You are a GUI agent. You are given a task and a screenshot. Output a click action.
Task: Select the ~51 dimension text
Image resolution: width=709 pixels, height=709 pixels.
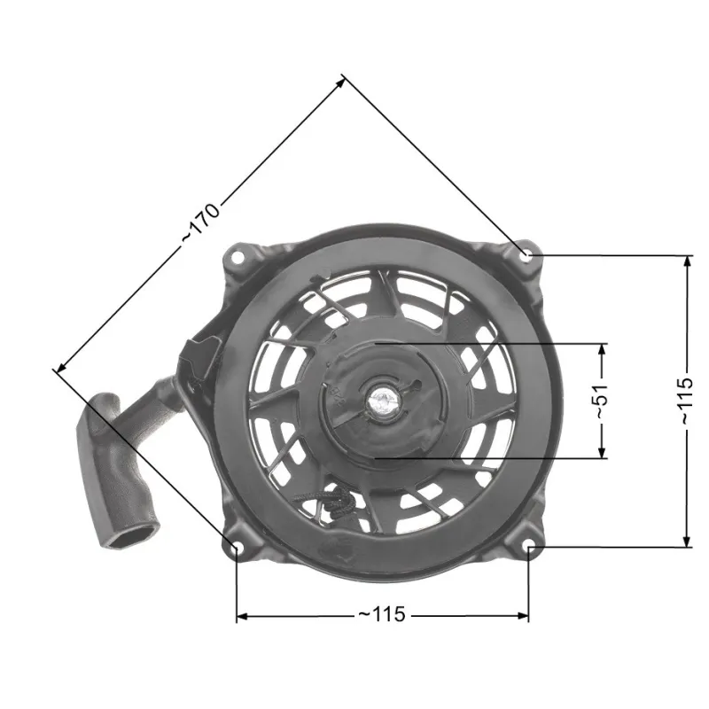(602, 401)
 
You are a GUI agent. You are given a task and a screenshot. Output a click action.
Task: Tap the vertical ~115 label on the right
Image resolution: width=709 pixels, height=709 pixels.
(687, 401)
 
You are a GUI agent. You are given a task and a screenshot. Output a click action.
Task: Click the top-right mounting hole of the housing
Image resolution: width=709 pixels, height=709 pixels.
(526, 256)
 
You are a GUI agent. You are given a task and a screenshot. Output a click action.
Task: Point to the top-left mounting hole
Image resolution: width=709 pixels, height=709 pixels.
(238, 256)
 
